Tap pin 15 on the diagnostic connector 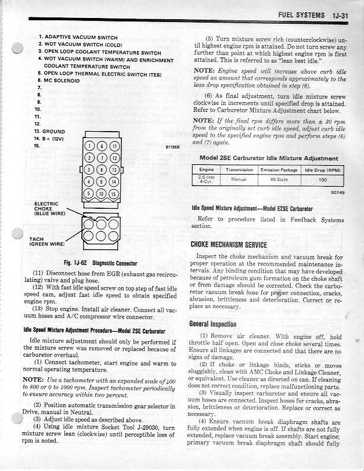[x=114, y=193]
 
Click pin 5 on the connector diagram [x=89, y=193]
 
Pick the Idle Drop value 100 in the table [x=322, y=180]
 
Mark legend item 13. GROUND [x=49, y=132]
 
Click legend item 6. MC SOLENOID [x=58, y=81]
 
